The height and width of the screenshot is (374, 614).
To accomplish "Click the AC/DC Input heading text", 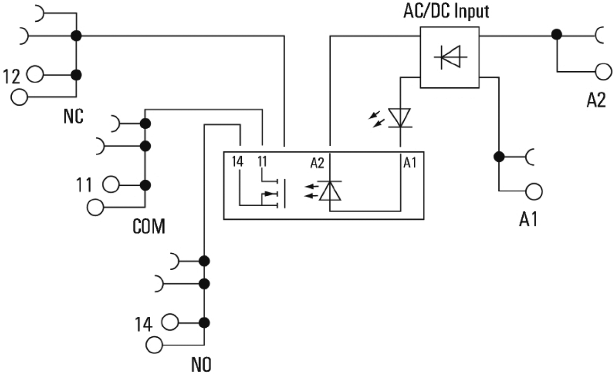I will pos(446,11).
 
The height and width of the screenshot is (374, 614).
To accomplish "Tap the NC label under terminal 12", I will pos(73,116).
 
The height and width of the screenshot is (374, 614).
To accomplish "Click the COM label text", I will pos(149,227).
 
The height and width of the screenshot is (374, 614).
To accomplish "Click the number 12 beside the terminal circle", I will pos(12,75).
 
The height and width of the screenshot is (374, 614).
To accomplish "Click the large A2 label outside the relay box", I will pos(596,100).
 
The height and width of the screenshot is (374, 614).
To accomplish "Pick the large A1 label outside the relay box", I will pos(529,219).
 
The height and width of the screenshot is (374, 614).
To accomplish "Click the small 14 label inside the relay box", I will pos(238,162).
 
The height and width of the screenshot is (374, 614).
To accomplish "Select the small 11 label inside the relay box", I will pos(263,162).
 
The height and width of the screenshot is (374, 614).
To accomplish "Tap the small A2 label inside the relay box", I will pos(317,164).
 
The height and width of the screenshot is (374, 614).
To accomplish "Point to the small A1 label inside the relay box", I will pos(409,163).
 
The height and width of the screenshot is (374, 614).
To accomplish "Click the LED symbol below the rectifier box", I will pos(400,117).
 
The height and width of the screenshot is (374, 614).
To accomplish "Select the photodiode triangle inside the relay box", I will pos(330,190).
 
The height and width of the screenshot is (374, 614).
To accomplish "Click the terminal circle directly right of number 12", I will pos(35,75).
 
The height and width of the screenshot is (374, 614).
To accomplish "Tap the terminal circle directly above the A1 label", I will pos(535,191).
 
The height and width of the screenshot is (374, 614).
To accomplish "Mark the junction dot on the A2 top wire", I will pos(557,34).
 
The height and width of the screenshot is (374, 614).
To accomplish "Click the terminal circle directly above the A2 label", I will pos(603,72).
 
